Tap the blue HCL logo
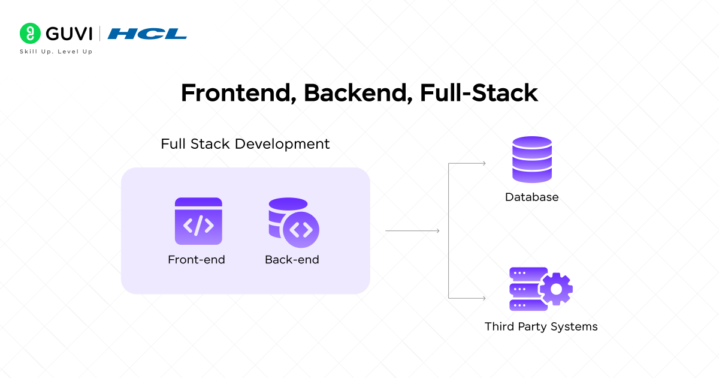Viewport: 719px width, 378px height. click(x=147, y=34)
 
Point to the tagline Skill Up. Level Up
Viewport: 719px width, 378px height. click(x=56, y=52)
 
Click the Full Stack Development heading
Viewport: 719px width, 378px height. click(x=245, y=144)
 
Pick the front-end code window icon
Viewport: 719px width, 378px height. click(x=198, y=221)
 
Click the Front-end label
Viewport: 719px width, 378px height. click(x=197, y=260)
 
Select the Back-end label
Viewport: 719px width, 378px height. click(x=292, y=260)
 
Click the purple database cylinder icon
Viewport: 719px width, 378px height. click(x=531, y=159)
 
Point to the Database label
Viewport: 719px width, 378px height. click(x=531, y=197)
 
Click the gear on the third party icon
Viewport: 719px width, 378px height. click(x=556, y=289)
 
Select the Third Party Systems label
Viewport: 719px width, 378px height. click(x=541, y=326)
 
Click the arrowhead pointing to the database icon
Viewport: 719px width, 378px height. click(x=483, y=163)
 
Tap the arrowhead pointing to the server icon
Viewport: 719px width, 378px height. click(x=483, y=298)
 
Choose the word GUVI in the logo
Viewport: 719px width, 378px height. click(x=67, y=33)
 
